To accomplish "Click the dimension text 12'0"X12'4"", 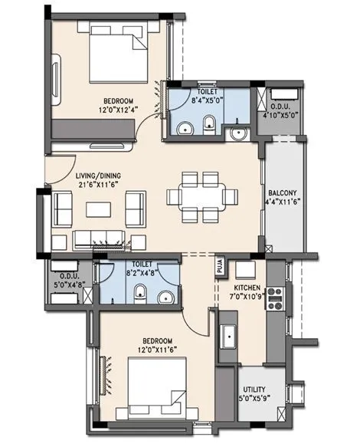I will (x=118, y=110).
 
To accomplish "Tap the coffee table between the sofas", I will (x=97, y=208).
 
